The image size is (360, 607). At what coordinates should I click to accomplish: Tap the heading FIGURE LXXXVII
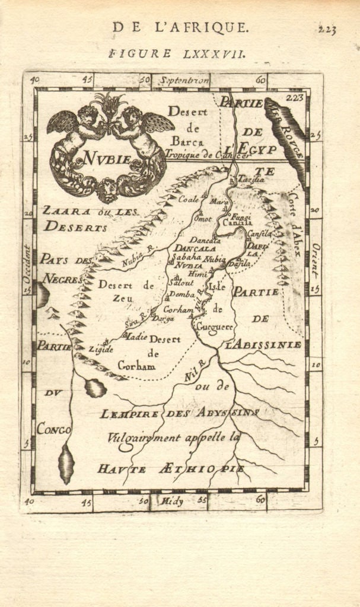click(177, 53)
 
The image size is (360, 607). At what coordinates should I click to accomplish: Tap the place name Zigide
click(101, 349)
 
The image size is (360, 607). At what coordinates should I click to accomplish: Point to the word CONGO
click(53, 429)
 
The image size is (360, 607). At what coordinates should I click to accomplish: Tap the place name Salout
click(181, 283)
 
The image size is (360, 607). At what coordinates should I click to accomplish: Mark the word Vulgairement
click(146, 439)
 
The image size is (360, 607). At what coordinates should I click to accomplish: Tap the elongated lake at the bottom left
click(66, 464)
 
